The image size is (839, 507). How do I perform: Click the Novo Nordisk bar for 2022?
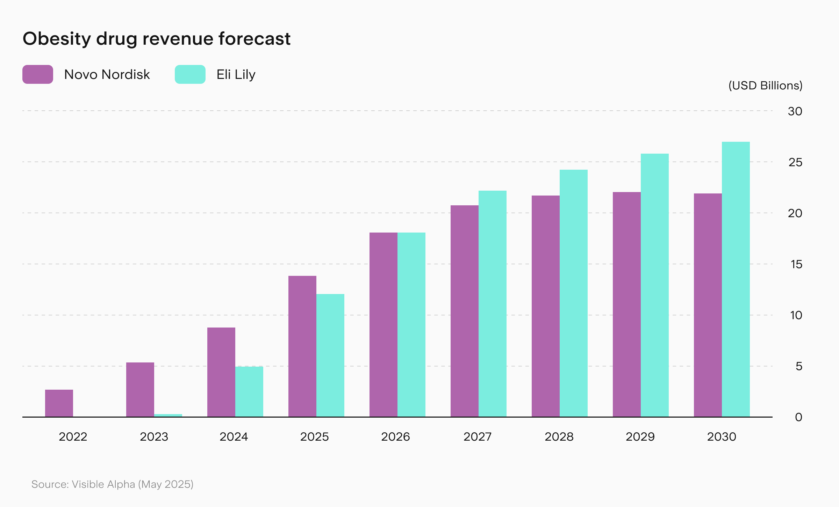coord(59,403)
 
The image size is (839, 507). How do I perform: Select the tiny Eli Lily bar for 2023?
coord(168,415)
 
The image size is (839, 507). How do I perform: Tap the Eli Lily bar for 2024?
coord(249,391)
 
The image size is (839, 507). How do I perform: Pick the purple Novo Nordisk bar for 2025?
coord(302,346)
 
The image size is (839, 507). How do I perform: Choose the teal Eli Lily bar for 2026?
coord(411,324)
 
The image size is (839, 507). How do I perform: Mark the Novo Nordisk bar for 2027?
coord(465,311)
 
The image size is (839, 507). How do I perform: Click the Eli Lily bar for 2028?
coord(574,293)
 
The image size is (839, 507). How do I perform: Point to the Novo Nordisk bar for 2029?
coord(627,304)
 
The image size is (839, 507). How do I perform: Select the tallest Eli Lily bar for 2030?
coord(736,279)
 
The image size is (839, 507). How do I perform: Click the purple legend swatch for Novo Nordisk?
coord(38,74)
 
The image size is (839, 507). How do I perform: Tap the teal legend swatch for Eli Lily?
coord(190,74)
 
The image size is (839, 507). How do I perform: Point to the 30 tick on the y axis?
coord(795,111)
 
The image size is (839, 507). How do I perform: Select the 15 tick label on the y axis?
coord(796,264)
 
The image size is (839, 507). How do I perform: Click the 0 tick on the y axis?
coord(798,417)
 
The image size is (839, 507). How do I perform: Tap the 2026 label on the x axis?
coord(395,437)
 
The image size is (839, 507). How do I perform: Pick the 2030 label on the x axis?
coord(722,437)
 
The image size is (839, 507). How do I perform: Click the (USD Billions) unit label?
coord(765,86)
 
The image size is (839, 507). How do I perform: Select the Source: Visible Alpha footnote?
coord(112,484)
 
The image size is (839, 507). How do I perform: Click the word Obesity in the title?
coord(57,38)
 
